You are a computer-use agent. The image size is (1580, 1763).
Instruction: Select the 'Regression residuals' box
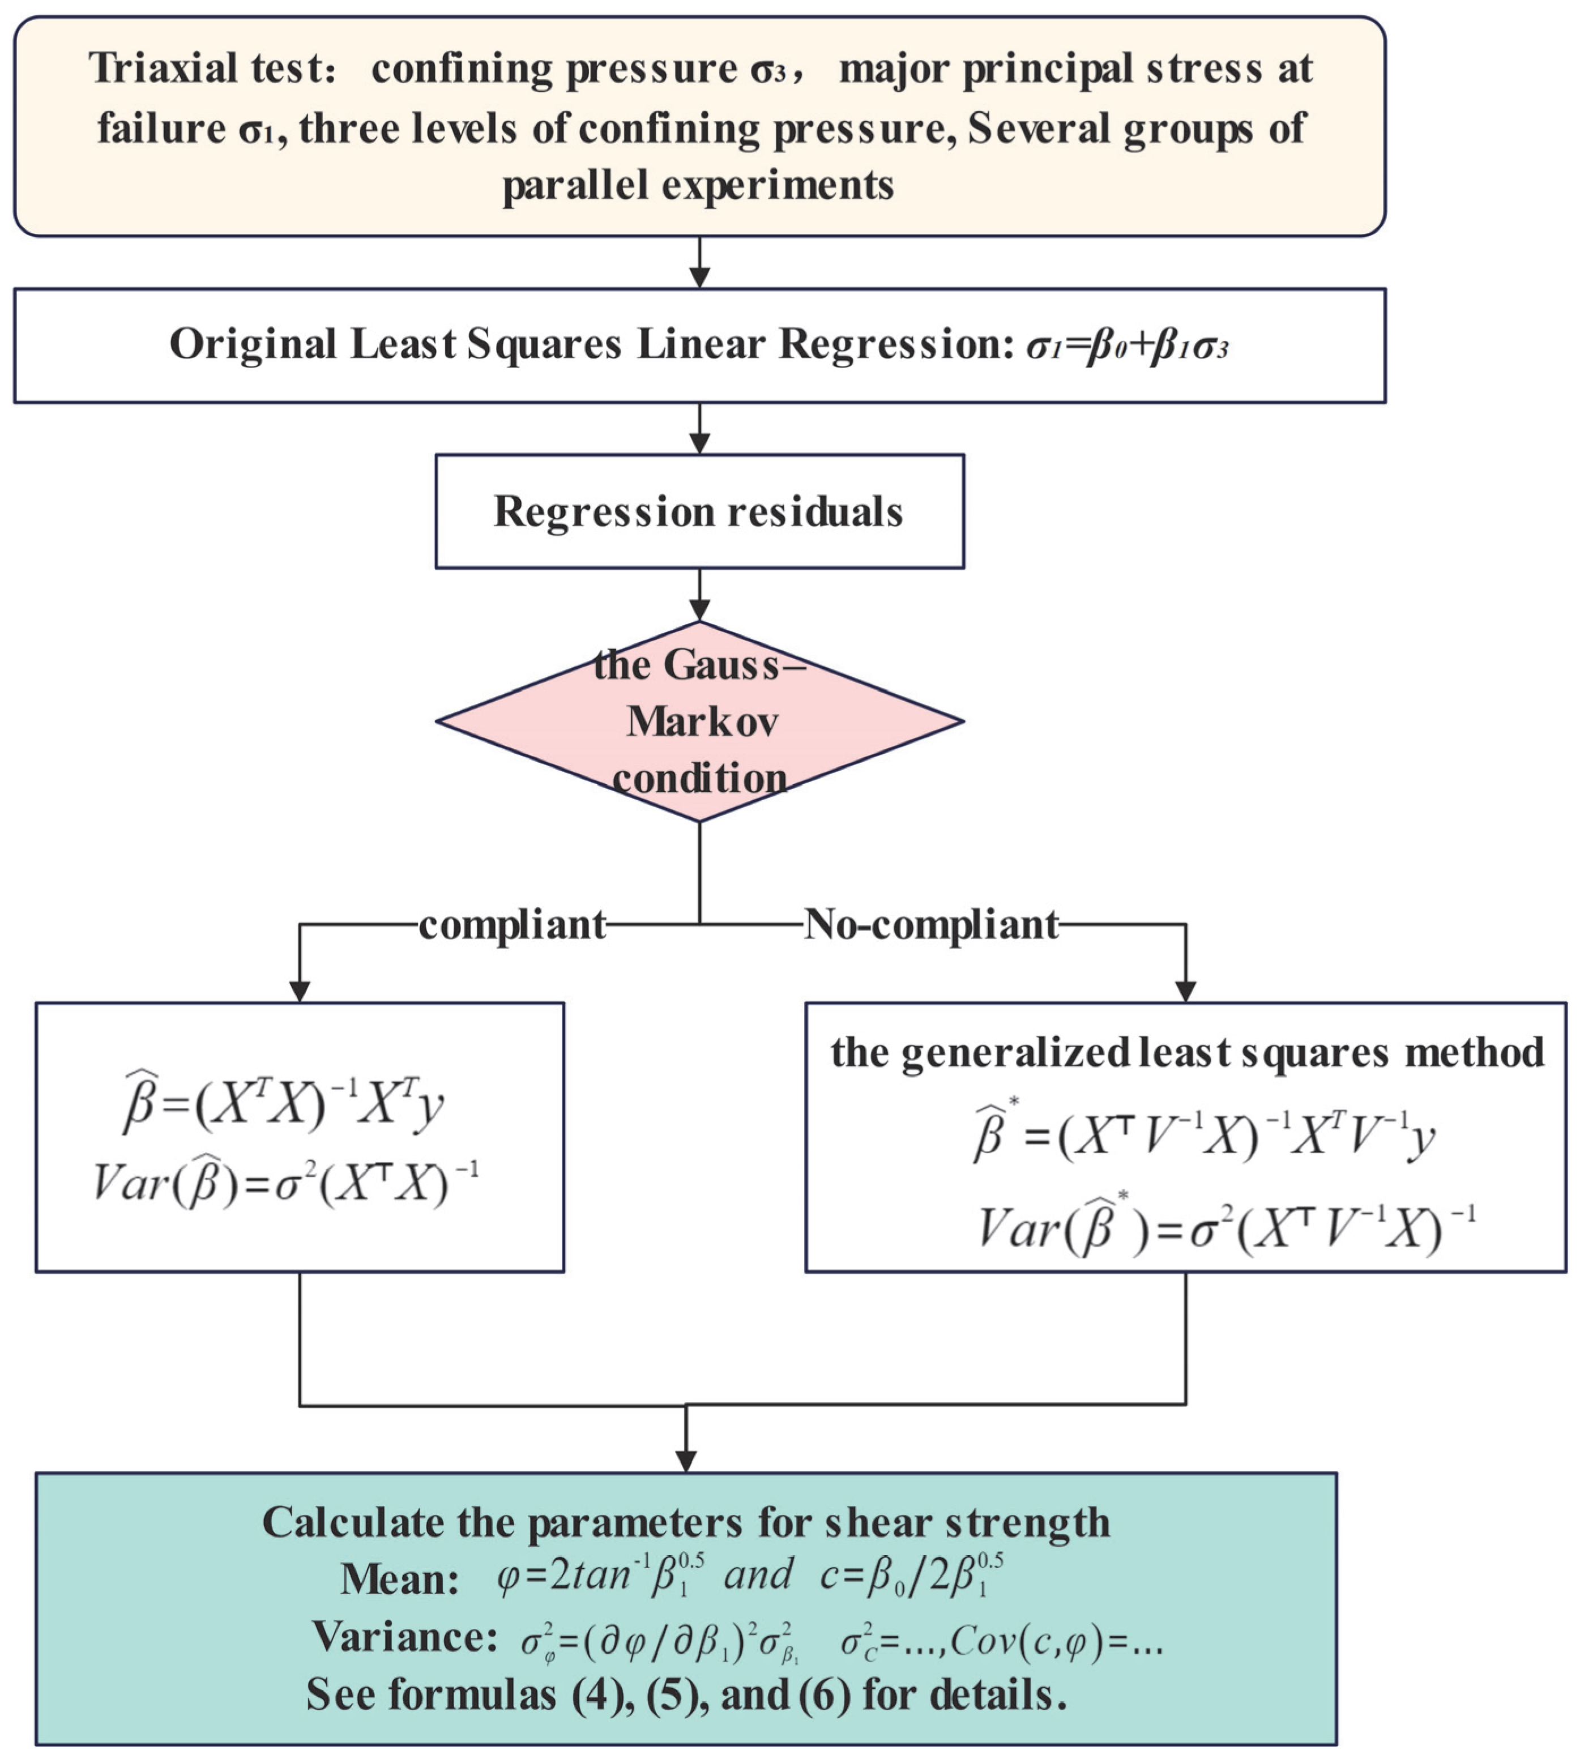click(699, 511)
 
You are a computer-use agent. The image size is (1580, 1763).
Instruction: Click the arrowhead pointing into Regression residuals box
click(699, 443)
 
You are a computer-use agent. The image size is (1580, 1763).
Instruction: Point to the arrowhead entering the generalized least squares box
click(1185, 991)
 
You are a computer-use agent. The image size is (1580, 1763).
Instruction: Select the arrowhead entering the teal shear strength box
click(686, 1461)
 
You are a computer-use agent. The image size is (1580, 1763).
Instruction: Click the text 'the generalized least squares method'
click(1187, 1052)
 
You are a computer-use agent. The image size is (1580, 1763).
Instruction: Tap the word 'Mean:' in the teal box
click(399, 1579)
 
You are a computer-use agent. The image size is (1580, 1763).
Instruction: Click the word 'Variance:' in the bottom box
click(404, 1637)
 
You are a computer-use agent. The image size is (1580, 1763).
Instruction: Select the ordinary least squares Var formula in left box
click(287, 1183)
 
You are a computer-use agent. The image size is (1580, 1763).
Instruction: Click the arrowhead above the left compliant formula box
click(300, 991)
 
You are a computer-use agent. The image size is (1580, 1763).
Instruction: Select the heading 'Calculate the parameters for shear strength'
click(686, 1522)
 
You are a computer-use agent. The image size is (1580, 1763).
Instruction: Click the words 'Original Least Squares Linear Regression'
click(586, 344)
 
